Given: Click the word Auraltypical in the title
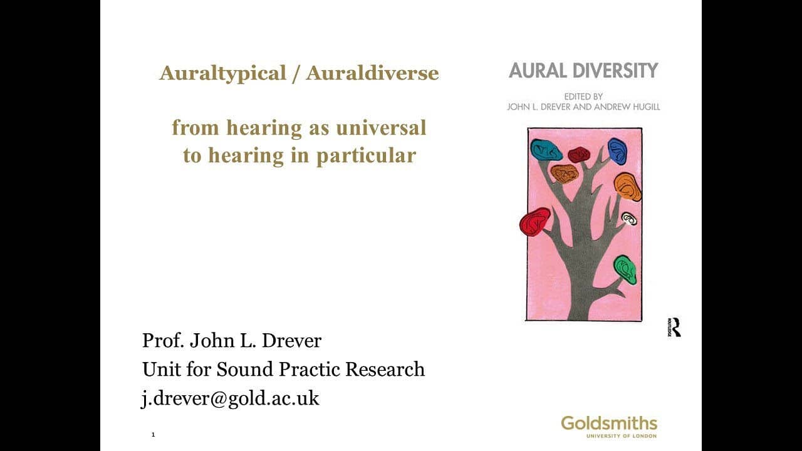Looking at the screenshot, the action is click(222, 73).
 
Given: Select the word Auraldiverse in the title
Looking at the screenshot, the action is click(372, 73).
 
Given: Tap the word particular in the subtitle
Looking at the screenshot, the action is click(366, 157).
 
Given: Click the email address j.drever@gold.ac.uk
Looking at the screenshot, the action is click(230, 398).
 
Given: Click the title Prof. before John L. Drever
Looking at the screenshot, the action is click(163, 340).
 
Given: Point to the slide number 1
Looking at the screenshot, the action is click(154, 435).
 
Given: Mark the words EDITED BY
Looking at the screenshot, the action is click(583, 96).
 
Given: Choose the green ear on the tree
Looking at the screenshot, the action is click(625, 270).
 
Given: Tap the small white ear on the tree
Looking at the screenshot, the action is click(629, 219).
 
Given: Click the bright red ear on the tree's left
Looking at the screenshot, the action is click(535, 222).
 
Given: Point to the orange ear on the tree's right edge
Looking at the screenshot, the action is click(628, 187).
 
